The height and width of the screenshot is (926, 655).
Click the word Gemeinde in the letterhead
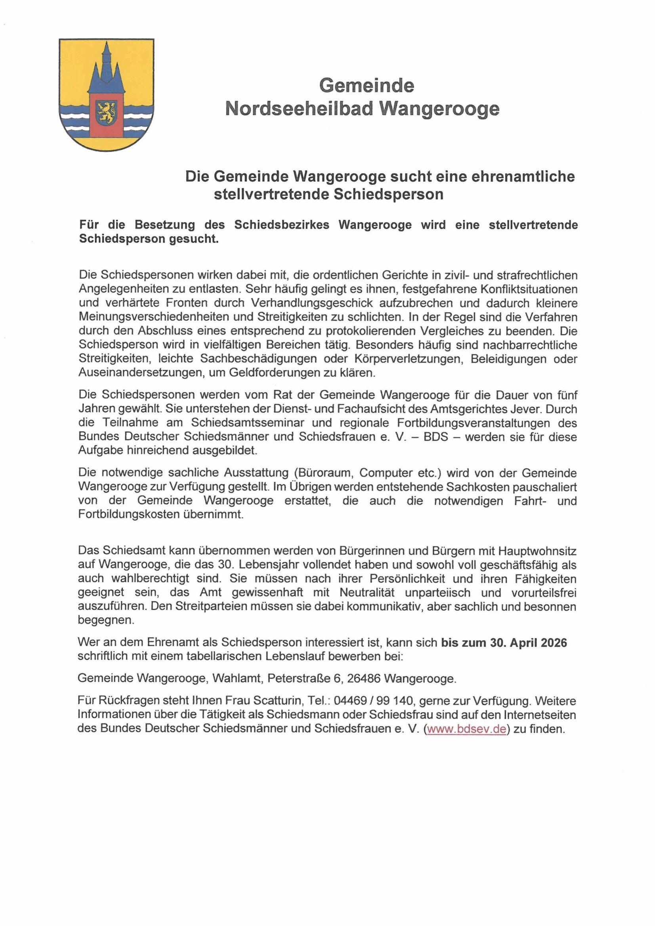pyautogui.click(x=367, y=86)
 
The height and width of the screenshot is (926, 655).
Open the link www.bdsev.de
pyautogui.click(x=466, y=729)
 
